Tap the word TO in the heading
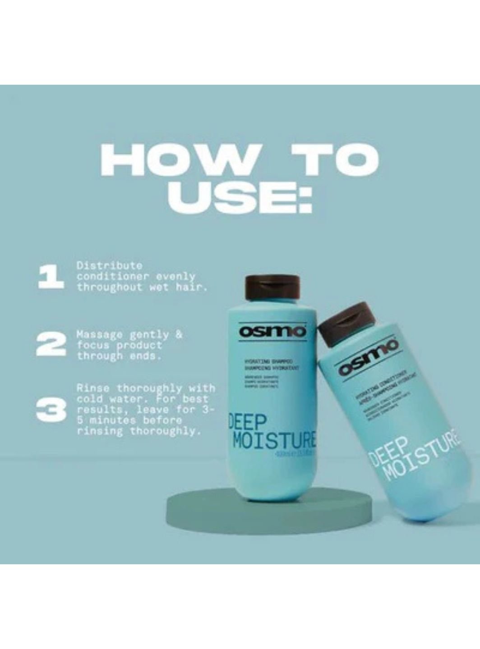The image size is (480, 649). (x=333, y=160)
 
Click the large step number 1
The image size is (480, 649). (x=51, y=276)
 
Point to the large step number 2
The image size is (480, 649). (x=51, y=345)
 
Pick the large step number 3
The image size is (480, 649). (x=51, y=410)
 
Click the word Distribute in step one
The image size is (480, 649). (x=109, y=265)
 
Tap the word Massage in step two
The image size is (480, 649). (x=99, y=335)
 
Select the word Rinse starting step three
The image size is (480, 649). (x=93, y=388)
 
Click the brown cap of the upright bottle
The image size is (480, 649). (x=272, y=287)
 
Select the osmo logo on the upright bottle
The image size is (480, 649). (x=272, y=332)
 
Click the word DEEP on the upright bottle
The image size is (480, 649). (x=248, y=424)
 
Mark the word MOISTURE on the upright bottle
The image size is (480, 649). (x=274, y=441)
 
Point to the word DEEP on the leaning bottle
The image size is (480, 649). (x=388, y=452)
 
